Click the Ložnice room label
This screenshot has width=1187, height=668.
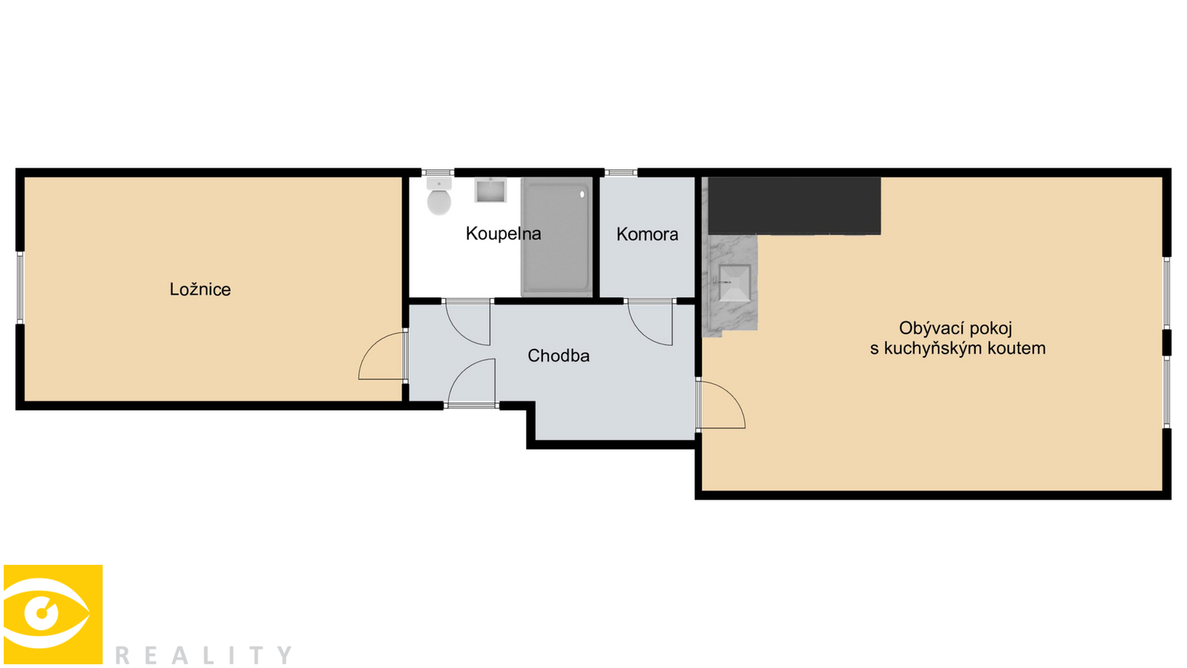200,289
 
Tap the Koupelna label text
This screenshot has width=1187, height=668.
504,234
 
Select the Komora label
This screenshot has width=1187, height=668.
647,235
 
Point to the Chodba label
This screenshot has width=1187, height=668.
559,356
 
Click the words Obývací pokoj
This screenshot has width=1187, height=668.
956,329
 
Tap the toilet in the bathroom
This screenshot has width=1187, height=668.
438,196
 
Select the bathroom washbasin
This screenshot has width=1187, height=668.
490,190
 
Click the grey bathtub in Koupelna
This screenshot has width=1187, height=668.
556,237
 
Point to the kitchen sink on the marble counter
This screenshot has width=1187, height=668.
734,283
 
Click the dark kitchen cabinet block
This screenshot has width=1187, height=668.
795,206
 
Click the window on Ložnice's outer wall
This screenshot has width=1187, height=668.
20,288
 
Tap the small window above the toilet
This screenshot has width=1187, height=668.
438,173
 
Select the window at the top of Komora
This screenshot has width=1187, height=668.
621,173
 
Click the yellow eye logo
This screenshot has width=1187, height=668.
53,614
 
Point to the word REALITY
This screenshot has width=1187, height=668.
203,655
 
